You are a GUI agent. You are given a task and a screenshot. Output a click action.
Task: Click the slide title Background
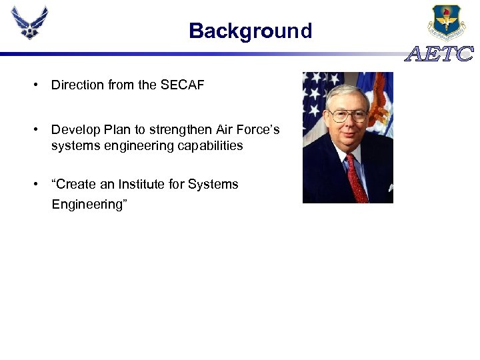(250, 31)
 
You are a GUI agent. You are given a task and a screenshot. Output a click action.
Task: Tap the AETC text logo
(440, 55)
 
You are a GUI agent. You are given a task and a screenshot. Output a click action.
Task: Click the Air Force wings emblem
(29, 23)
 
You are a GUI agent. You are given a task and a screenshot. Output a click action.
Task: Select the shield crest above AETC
(447, 22)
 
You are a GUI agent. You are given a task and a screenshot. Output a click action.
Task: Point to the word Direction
(77, 85)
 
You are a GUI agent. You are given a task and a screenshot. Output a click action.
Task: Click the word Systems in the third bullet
(215, 185)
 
